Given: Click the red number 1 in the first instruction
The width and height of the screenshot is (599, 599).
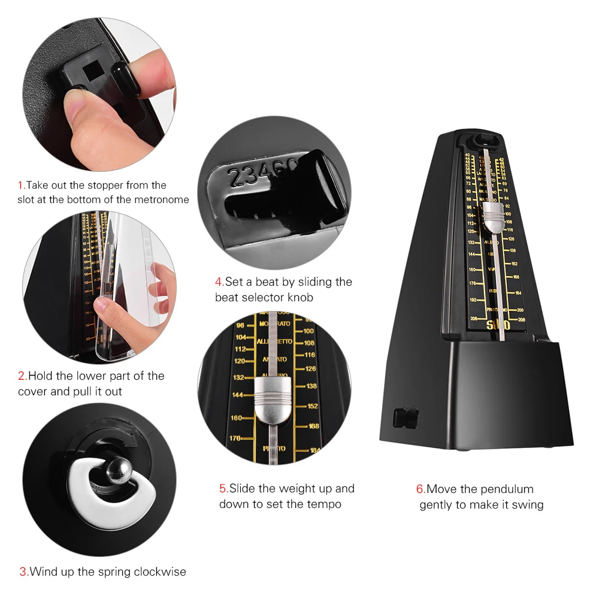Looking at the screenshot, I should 20,185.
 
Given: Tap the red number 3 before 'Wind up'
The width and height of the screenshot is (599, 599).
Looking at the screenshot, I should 23,571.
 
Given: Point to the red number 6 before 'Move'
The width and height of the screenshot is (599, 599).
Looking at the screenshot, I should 420,489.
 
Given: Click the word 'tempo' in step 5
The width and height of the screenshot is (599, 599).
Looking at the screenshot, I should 324,504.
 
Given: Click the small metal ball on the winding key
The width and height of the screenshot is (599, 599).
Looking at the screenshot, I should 119,473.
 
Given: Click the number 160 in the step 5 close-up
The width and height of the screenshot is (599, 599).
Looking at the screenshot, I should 237,418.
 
